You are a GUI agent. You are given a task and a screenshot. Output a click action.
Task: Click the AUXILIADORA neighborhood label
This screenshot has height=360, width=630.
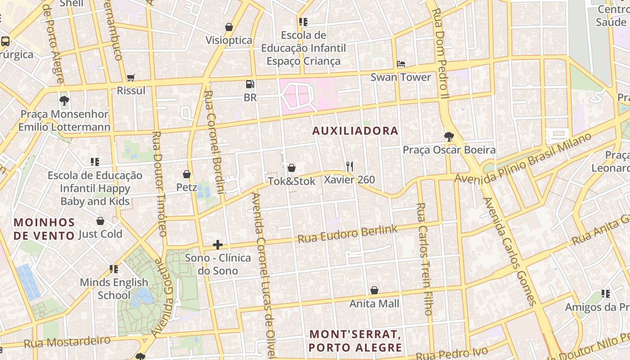click(355, 131)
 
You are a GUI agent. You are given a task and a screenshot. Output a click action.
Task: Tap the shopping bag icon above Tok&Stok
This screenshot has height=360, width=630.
click(292, 168)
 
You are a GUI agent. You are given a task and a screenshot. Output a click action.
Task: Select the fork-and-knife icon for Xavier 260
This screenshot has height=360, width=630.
click(349, 166)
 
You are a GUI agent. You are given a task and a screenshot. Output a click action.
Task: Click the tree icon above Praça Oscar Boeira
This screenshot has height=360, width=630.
click(449, 137)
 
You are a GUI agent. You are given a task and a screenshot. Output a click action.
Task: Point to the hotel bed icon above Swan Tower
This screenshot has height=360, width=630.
click(400, 64)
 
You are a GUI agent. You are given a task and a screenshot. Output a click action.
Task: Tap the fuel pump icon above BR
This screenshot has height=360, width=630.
click(250, 84)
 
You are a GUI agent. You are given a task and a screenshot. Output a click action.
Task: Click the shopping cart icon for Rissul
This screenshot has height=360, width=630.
click(131, 77)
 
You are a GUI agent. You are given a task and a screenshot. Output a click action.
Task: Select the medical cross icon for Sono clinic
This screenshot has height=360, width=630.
click(218, 245)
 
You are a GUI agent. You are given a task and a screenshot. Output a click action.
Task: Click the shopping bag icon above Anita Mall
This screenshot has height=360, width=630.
click(374, 290)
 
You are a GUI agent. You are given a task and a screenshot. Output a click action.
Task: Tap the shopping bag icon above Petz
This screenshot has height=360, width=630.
click(187, 174)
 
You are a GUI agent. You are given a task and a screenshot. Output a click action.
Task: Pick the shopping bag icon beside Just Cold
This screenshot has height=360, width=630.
click(100, 221)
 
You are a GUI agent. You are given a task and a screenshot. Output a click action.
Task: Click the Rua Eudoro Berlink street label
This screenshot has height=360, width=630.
click(347, 234)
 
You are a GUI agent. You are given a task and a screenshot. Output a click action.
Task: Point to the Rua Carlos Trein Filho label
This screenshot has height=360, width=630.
click(424, 259)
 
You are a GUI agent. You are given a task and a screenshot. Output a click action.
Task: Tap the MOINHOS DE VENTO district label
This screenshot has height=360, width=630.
click(44, 229)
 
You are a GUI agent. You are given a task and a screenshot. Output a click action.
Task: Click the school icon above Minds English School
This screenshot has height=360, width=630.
click(114, 269)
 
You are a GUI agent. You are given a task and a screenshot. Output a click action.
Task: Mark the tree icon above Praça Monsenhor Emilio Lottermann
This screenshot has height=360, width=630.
click(64, 100)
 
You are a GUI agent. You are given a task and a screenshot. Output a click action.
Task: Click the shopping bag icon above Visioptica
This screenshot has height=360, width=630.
click(229, 27)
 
